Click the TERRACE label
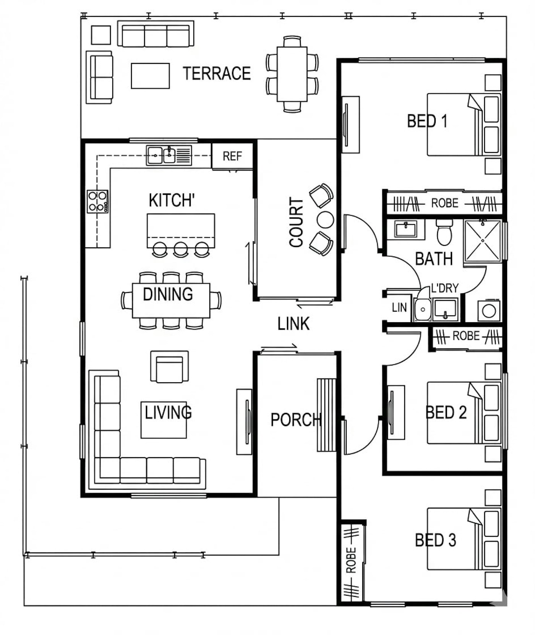217,73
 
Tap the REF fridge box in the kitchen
232,156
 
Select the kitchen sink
169,156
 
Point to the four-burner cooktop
97,201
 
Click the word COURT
296,222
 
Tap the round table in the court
326,220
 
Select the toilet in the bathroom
444,232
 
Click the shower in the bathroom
483,241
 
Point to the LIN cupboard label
399,307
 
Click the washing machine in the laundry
489,310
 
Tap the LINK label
293,324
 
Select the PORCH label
296,420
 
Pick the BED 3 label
436,540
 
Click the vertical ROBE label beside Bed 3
351,560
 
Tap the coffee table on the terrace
150,76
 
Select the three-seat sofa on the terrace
156,34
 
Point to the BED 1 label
427,121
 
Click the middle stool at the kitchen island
181,249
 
